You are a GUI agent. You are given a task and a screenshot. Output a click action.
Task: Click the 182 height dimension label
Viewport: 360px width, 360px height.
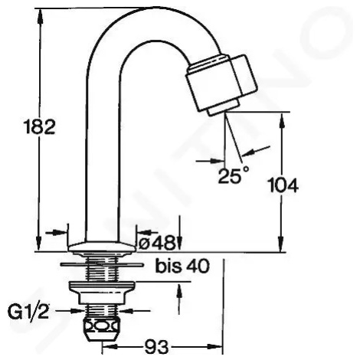point(39,126)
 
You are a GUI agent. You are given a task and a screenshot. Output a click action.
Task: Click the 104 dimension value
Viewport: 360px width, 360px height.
point(283,185)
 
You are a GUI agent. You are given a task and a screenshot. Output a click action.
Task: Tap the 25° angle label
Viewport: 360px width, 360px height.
point(233,175)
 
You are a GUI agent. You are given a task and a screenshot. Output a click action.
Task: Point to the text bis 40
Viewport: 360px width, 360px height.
point(182,267)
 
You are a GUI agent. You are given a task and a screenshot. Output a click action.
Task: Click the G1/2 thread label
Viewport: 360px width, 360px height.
point(28,312)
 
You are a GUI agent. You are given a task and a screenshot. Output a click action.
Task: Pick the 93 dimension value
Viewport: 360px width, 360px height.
point(156,347)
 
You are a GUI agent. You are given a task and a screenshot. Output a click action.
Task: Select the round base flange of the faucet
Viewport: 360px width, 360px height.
point(102,247)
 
